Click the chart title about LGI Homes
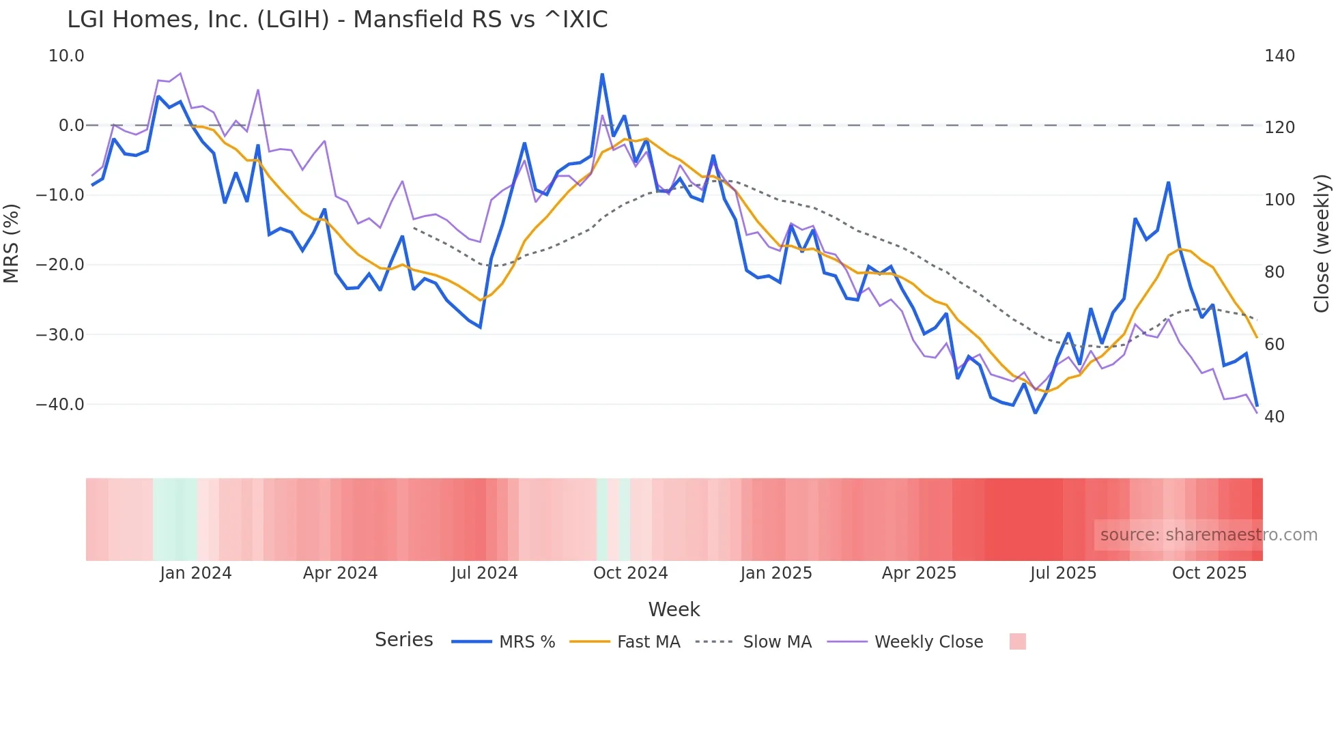(x=337, y=20)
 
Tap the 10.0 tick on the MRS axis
(x=66, y=56)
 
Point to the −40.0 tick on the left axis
(x=60, y=405)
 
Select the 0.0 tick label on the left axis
(x=71, y=126)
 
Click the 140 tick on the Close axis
(x=1279, y=56)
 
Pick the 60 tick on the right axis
(x=1275, y=345)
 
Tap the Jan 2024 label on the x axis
(x=196, y=573)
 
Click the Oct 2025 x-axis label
(x=1209, y=573)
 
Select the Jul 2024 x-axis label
(x=485, y=573)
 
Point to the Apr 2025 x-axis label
(x=919, y=573)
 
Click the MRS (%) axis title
(x=12, y=243)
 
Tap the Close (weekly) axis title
(x=1322, y=244)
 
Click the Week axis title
(x=674, y=609)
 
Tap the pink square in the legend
(x=1017, y=641)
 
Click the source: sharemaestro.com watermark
(x=1208, y=535)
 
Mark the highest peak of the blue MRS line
(x=602, y=74)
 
